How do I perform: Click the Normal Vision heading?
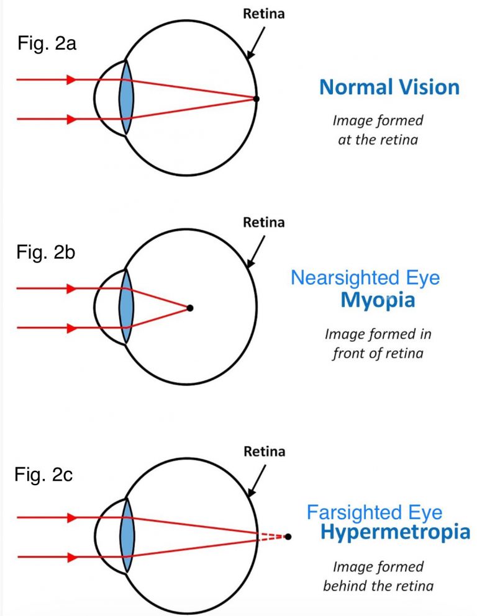point(389,87)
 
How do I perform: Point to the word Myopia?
point(377,301)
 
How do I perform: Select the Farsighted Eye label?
point(375,513)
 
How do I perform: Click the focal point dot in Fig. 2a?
point(257,99)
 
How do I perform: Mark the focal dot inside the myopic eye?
point(190,308)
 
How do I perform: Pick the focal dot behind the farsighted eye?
point(288,537)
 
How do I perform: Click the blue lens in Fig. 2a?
point(127,98)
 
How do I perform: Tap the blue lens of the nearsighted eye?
point(127,307)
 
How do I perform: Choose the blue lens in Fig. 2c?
point(127,537)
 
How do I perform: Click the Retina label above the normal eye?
point(263,12)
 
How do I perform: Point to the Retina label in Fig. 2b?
point(263,221)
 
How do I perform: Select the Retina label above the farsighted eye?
point(263,451)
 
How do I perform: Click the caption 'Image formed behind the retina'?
point(378,576)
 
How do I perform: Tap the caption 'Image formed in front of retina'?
point(378,344)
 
